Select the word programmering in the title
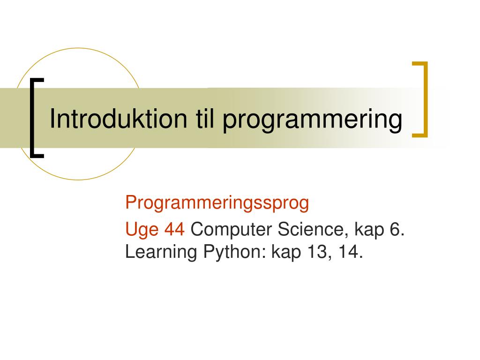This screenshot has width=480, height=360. [x=312, y=120]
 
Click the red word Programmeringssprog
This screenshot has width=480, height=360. [x=217, y=203]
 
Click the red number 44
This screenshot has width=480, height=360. [x=175, y=230]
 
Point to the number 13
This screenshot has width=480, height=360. [x=318, y=252]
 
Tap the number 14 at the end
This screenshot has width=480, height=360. [x=349, y=252]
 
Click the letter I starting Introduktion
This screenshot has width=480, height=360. [x=52, y=119]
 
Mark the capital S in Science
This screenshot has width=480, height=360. [x=285, y=230]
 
